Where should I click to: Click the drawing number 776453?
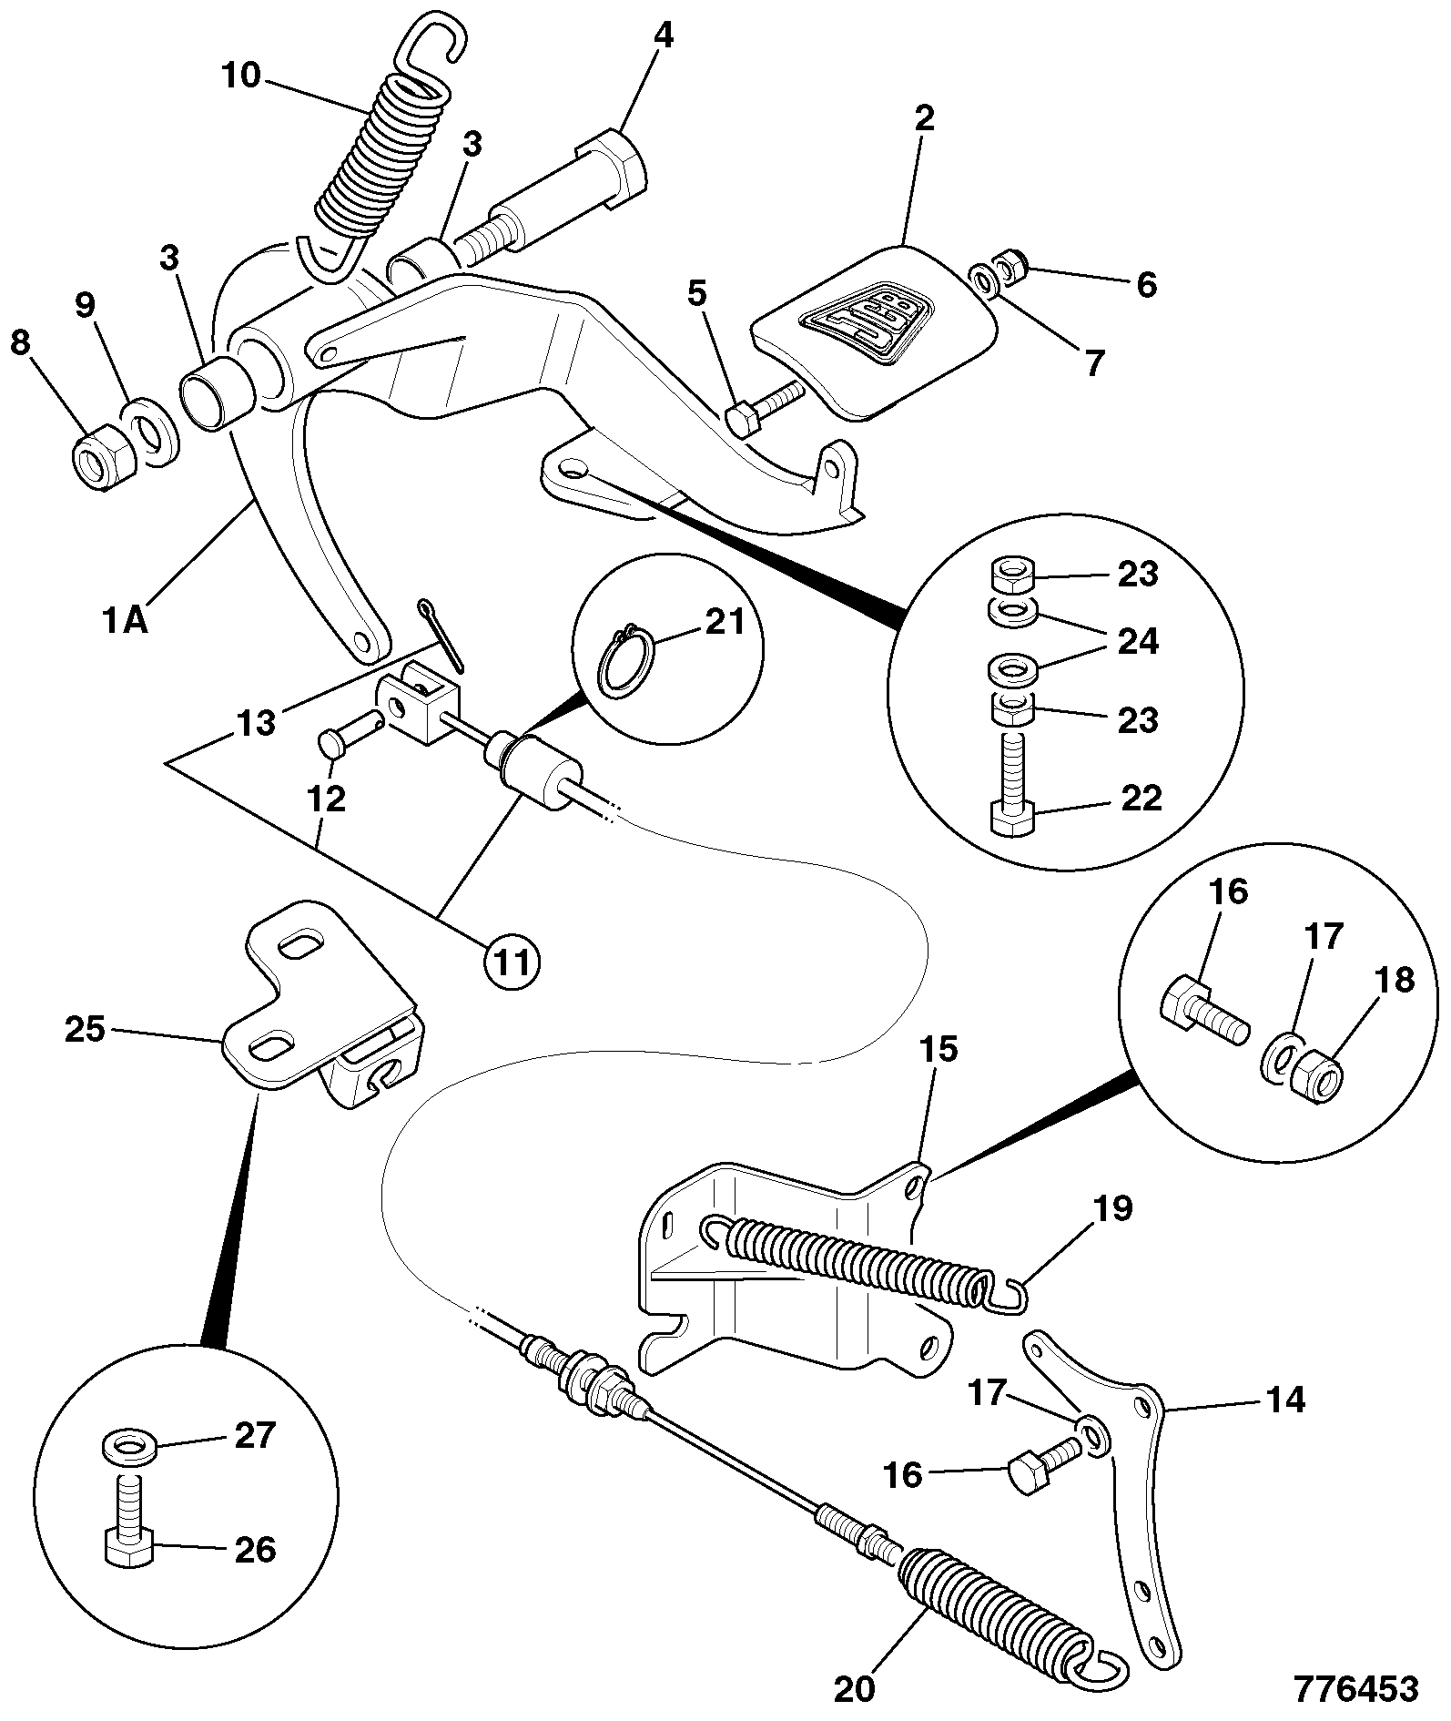(x=1356, y=1689)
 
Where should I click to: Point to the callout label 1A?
(x=125, y=622)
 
